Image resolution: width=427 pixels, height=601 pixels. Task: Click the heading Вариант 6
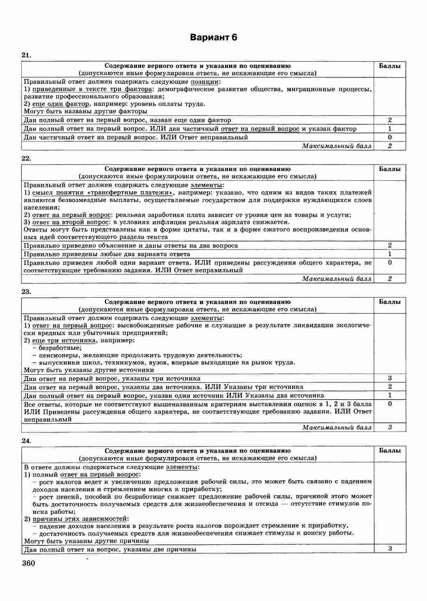pos(213,38)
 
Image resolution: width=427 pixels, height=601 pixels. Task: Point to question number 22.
pos(26,158)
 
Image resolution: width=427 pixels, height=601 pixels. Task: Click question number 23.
pos(26,291)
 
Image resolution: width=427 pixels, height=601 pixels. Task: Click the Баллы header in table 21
pos(390,66)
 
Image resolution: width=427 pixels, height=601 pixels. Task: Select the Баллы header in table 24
pos(390,451)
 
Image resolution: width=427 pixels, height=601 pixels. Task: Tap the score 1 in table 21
pos(390,129)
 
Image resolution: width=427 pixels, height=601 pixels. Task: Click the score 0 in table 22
pos(390,263)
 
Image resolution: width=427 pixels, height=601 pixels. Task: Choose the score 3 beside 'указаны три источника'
pos(390,378)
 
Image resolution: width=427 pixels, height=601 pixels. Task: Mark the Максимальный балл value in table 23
pos(390,427)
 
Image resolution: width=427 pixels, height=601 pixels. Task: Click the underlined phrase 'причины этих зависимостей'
pos(80,519)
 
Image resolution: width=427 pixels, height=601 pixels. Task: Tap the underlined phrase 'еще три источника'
pos(64,340)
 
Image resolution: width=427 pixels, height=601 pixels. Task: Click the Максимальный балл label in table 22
pos(336,279)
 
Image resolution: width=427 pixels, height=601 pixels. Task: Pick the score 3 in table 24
pos(390,549)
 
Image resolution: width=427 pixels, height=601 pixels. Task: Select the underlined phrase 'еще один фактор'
pos(60,104)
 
